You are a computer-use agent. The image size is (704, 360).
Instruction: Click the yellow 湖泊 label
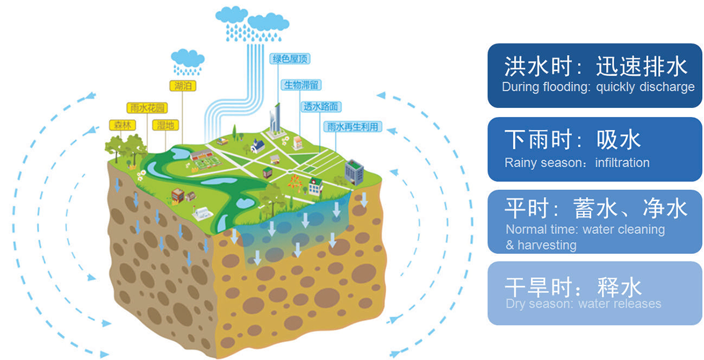pos(182,86)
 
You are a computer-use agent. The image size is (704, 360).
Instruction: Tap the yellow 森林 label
pos(121,125)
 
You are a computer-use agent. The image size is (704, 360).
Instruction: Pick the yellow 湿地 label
pos(165,125)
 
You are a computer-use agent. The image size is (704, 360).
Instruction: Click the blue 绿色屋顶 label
pos(290,59)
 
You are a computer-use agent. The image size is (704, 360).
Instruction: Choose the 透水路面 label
pos(321,107)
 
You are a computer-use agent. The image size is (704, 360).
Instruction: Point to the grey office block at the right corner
pos(354,171)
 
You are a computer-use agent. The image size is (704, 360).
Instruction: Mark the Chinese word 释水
pos(619,287)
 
